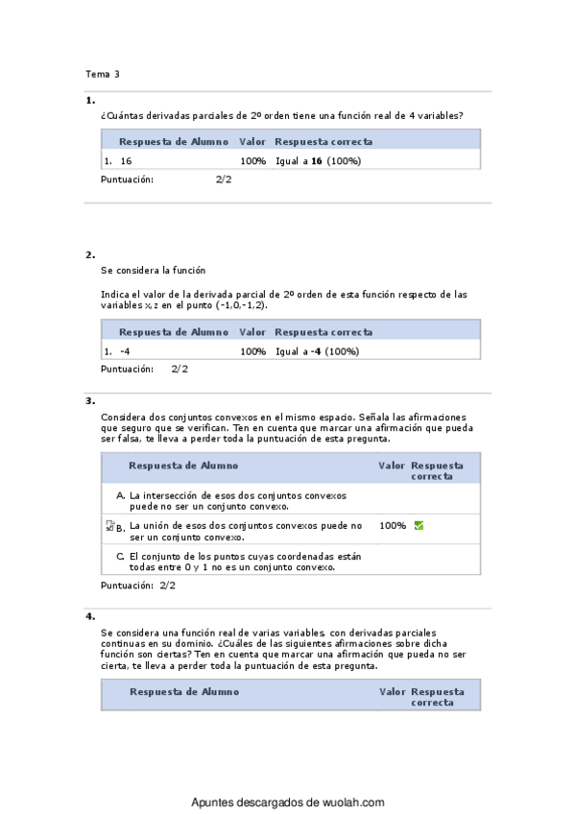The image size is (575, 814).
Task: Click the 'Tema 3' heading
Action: (103, 74)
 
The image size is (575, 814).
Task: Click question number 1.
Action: (89, 100)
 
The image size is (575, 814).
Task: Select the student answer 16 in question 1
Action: (127, 161)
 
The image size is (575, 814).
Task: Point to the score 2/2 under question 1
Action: (224, 180)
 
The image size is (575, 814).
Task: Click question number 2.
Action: (89, 255)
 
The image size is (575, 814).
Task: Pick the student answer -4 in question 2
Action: (126, 351)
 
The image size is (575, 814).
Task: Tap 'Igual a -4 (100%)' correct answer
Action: (317, 351)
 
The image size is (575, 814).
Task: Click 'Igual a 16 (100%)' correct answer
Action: (318, 161)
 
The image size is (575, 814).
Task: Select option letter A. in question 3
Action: (120, 495)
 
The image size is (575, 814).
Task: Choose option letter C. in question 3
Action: (120, 556)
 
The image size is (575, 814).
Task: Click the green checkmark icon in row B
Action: (419, 526)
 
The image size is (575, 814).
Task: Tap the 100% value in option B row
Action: (393, 526)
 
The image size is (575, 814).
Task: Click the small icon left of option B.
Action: (109, 526)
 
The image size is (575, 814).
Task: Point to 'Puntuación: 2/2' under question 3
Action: (138, 585)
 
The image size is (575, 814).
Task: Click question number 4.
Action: (89, 616)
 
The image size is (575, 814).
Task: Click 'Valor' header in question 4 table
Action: (392, 691)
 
